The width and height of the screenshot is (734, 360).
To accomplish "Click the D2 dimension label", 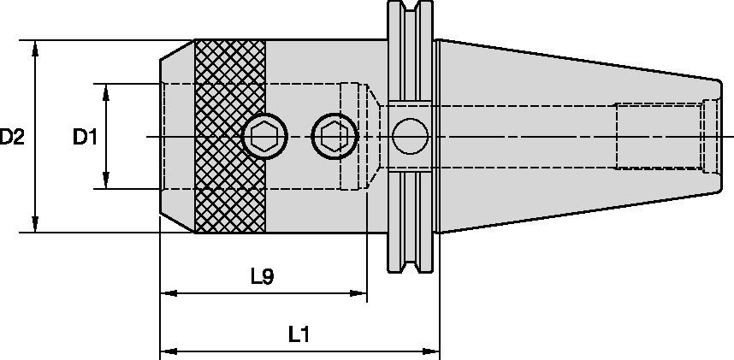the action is click(12, 137).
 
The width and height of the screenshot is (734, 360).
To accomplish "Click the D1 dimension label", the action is click(85, 137).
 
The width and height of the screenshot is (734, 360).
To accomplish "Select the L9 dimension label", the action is click(262, 277).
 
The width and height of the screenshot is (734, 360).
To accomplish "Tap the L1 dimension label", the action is click(299, 334).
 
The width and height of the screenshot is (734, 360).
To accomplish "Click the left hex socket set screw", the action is click(265, 136).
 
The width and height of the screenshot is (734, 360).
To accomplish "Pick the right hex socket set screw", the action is click(334, 136).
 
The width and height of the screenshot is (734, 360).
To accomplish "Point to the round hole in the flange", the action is click(410, 136).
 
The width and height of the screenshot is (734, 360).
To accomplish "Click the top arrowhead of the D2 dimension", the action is click(35, 49).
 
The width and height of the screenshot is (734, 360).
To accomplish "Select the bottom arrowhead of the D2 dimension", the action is click(35, 224).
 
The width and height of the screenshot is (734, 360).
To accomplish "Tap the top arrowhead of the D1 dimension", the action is click(106, 92).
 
